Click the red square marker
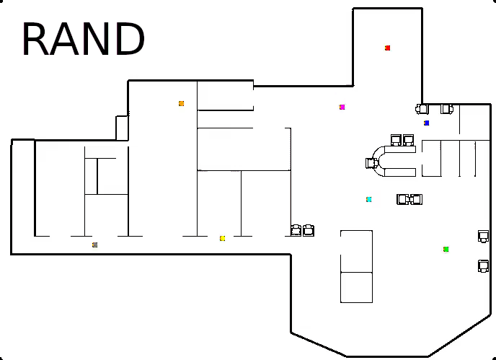(x=388, y=48)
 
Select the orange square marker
(x=182, y=104)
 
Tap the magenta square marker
(x=342, y=107)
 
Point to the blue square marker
(x=427, y=123)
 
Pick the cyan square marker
(x=369, y=200)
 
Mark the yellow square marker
(x=223, y=239)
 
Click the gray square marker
(x=94, y=245)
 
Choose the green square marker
(x=446, y=250)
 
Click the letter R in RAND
(x=35, y=40)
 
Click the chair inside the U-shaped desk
(x=372, y=163)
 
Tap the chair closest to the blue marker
(x=422, y=109)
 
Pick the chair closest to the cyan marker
(x=403, y=199)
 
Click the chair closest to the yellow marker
(x=296, y=230)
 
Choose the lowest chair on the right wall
(x=483, y=266)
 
